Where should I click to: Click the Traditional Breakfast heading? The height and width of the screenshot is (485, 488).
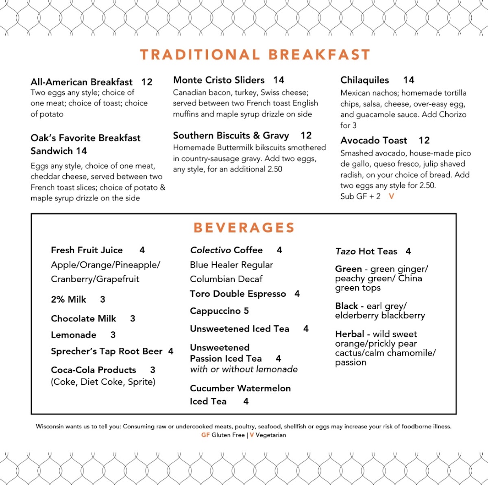(x=255, y=55)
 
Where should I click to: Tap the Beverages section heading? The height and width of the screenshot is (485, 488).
(x=244, y=227)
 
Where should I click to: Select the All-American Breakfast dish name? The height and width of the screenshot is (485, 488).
(x=81, y=82)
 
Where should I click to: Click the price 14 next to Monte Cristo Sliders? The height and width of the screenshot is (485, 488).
(x=279, y=80)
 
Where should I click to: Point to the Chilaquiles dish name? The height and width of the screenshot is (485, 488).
(x=364, y=80)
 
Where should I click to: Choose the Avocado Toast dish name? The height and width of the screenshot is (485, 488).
(x=373, y=140)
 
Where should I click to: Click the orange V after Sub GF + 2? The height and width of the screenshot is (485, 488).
(x=391, y=196)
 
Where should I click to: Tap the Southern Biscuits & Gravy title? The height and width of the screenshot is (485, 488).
(x=231, y=136)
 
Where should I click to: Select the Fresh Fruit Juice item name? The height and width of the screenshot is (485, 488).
(x=87, y=250)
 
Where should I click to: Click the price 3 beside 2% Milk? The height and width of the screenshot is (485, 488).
(x=102, y=300)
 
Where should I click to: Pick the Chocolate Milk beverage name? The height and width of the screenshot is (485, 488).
(x=83, y=318)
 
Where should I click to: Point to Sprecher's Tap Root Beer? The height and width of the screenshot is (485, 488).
(x=107, y=351)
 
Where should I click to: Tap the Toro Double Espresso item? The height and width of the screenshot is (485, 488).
(x=237, y=294)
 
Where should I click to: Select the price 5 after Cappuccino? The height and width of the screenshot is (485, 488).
(x=246, y=311)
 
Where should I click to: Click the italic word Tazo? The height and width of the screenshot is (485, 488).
(x=345, y=251)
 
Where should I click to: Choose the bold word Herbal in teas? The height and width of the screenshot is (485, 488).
(x=349, y=334)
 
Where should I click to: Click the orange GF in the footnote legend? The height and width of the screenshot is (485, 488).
(x=205, y=435)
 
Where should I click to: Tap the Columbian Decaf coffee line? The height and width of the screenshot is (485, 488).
(x=226, y=279)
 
